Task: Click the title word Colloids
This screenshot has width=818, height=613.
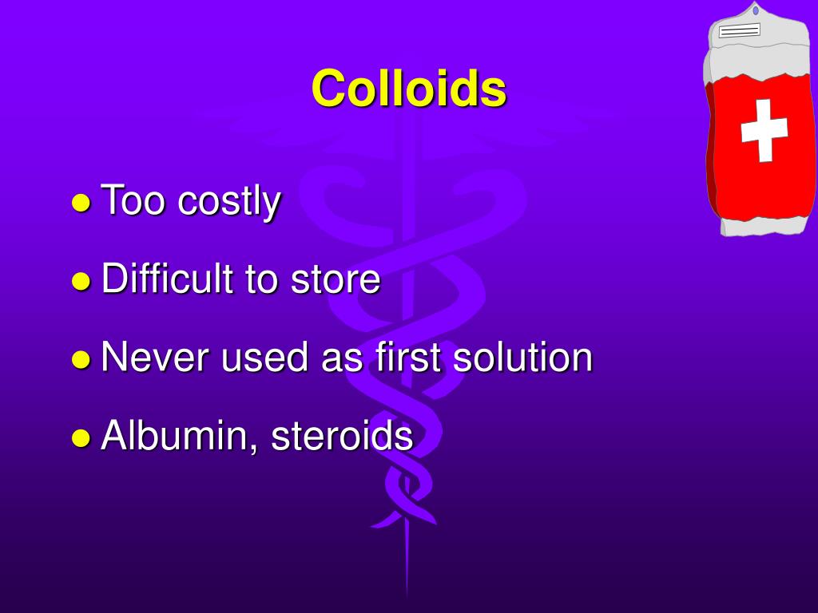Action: tap(408, 88)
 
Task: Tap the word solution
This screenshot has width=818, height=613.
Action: tap(522, 358)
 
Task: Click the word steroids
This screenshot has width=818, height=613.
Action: tap(342, 437)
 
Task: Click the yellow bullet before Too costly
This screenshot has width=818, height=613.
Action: tap(81, 203)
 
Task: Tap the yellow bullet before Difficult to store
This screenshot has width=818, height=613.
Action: tap(81, 281)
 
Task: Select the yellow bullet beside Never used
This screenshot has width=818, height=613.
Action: tap(81, 359)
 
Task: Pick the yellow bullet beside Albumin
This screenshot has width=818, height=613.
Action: tap(81, 437)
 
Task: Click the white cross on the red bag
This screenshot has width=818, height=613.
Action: tap(764, 129)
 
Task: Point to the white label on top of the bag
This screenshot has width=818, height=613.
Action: tap(740, 30)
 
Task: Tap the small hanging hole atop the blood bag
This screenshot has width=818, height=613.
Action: tap(756, 10)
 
